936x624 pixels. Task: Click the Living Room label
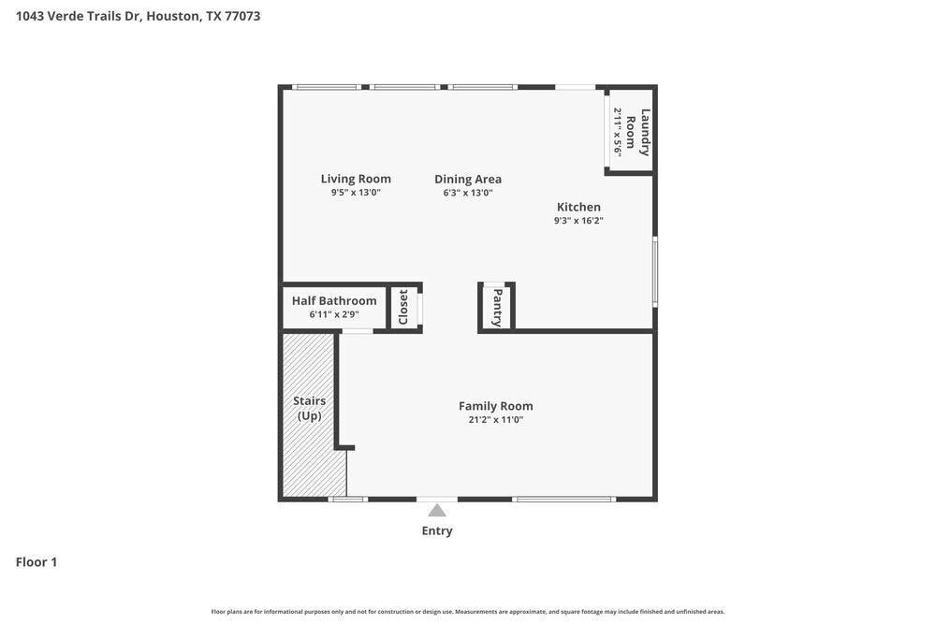coord(356,179)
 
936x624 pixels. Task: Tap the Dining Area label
coord(468,179)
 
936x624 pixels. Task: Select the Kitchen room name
coord(578,207)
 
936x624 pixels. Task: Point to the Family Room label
coord(495,406)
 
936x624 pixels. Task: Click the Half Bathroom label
coord(334,300)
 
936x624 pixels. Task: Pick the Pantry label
coord(497,307)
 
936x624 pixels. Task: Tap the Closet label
coord(403,307)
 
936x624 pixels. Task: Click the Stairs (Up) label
coord(309,408)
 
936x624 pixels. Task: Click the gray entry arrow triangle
coord(437,510)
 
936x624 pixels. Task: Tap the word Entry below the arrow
coord(437,531)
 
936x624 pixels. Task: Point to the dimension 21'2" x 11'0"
coord(495,420)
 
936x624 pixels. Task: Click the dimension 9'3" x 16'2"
coord(578,221)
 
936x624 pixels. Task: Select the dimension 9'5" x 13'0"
coord(356,193)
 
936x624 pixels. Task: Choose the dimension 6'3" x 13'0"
coord(468,193)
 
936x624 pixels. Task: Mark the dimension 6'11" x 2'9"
coord(334,314)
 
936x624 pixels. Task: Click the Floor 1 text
coord(37,562)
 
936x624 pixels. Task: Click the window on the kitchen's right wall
coord(655,271)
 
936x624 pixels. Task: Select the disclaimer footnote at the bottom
coord(468,612)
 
